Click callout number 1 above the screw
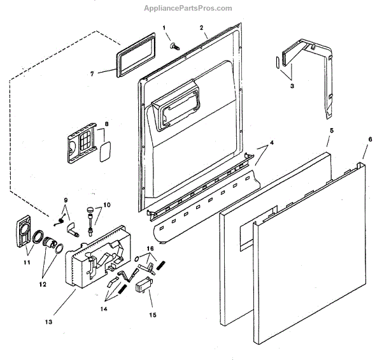(x=164, y=27)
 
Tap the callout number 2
(x=201, y=28)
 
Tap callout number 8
(x=107, y=124)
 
